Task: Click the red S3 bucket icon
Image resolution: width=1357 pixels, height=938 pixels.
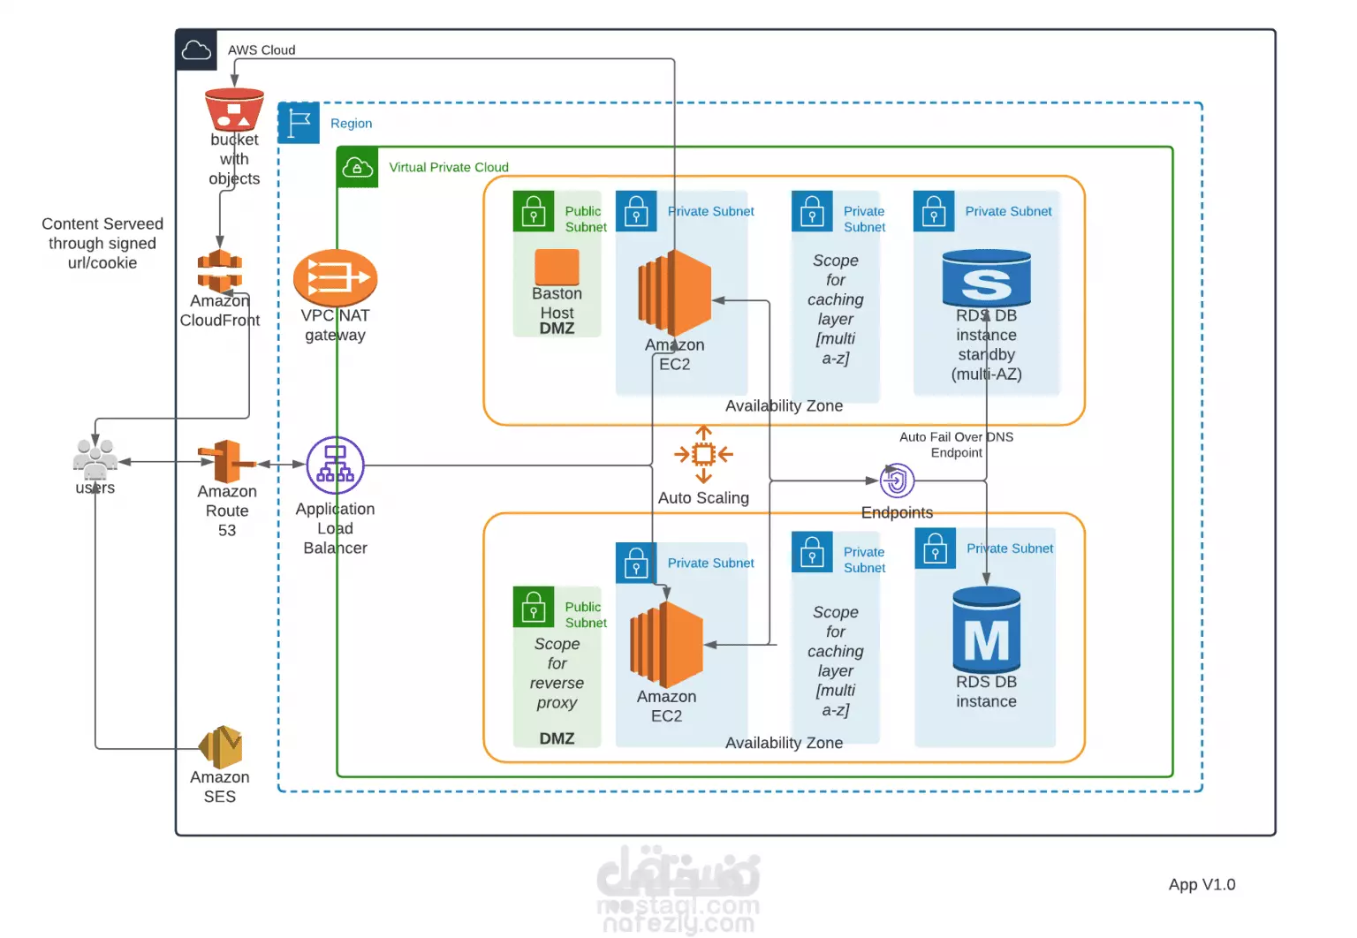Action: [234, 109]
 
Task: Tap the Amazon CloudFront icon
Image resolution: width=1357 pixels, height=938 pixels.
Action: [219, 270]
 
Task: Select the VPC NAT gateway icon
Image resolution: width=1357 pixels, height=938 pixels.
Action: [335, 278]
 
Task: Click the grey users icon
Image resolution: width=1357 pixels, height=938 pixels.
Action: [95, 459]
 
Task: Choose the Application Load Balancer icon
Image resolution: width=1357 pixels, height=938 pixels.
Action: [335, 465]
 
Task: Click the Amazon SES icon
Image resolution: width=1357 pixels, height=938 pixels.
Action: [221, 746]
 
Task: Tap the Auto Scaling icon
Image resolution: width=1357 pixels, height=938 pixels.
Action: [703, 454]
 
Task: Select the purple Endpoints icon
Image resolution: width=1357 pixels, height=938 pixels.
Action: [897, 480]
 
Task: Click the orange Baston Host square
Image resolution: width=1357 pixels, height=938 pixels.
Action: [557, 267]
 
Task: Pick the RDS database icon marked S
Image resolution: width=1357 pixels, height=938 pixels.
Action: [986, 278]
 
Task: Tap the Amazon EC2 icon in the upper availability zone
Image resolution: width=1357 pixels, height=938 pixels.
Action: [674, 292]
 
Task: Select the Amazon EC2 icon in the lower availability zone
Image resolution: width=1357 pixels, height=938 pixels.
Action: [666, 644]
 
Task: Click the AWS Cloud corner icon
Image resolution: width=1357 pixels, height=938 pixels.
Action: [196, 49]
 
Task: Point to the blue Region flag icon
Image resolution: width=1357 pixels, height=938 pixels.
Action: [299, 123]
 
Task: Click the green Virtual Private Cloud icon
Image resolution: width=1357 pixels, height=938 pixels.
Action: [358, 167]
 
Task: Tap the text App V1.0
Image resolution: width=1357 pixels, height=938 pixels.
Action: [1202, 885]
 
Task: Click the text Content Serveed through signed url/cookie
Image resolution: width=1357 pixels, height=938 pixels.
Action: [102, 244]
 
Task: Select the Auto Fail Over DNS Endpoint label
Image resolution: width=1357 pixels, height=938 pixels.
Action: [956, 444]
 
